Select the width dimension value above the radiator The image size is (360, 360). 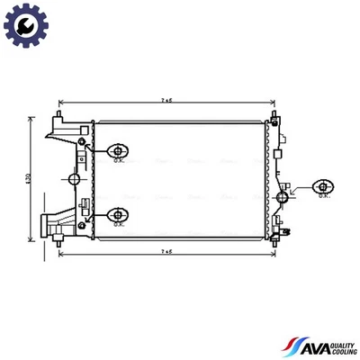click(x=167, y=101)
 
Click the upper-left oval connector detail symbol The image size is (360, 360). click(x=118, y=150)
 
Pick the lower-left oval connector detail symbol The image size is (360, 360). click(x=118, y=214)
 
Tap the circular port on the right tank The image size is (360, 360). click(x=284, y=196)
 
